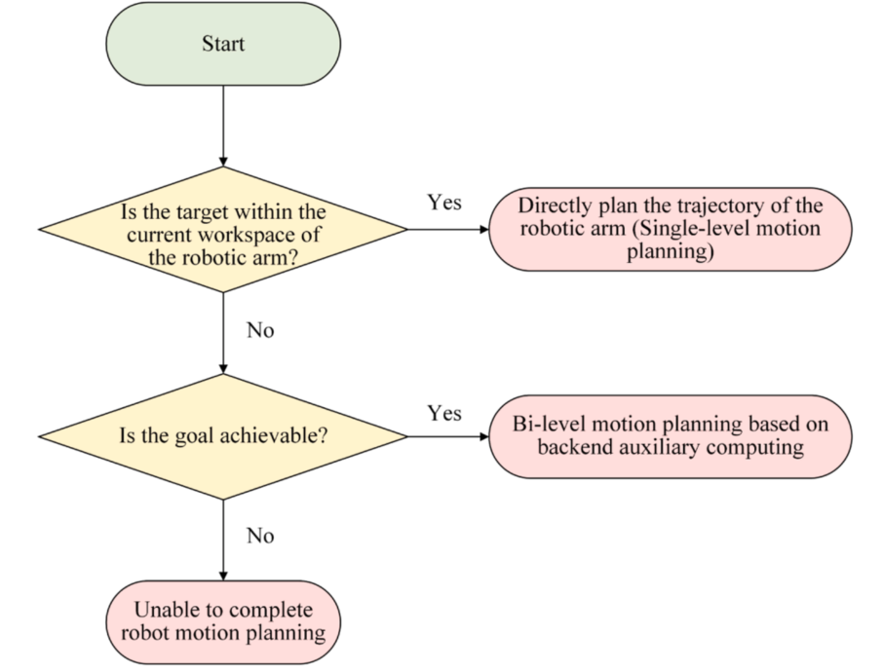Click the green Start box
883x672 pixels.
pyautogui.click(x=223, y=44)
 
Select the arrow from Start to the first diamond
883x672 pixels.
pyautogui.click(x=223, y=126)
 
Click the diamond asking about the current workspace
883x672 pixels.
pyautogui.click(x=223, y=230)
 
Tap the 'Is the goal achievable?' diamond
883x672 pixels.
pyautogui.click(x=223, y=436)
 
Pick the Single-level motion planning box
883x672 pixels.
pyautogui.click(x=671, y=230)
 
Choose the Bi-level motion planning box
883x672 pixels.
pyautogui.click(x=671, y=436)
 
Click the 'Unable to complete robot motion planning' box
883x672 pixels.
pyautogui.click(x=223, y=622)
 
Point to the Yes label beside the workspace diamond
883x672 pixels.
pyautogui.click(x=444, y=203)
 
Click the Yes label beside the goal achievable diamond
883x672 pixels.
pyautogui.click(x=444, y=413)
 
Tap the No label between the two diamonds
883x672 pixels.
pyautogui.click(x=260, y=330)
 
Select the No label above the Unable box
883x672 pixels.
pyautogui.click(x=260, y=536)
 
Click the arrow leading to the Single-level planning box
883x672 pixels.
pyautogui.click(x=448, y=230)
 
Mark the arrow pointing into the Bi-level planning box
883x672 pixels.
pyautogui.click(x=448, y=436)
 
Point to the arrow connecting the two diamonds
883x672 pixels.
pyautogui.click(x=223, y=333)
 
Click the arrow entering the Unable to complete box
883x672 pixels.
pyautogui.click(x=223, y=541)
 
